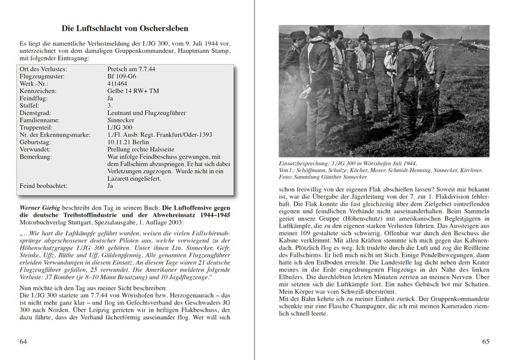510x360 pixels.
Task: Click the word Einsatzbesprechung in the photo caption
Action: (309, 163)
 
